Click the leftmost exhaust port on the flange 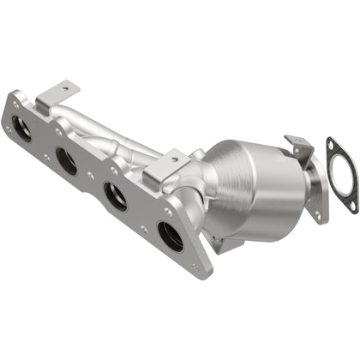tap(22, 129)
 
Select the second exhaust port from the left tap(65, 159)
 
